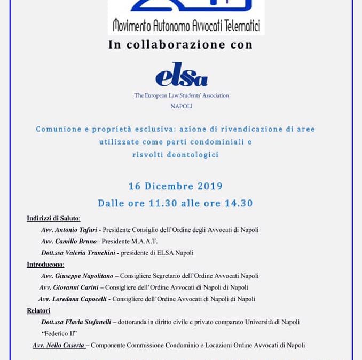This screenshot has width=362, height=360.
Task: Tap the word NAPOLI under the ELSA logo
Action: (182, 106)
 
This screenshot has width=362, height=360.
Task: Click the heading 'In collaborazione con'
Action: (180, 45)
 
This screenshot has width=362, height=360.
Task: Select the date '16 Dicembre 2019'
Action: (175, 187)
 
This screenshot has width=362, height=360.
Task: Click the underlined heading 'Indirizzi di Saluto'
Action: (53, 219)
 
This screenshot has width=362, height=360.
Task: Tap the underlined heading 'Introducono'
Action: (45, 265)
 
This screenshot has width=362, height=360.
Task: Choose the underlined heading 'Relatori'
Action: (38, 310)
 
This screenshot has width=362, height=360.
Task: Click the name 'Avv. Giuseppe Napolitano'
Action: (78, 276)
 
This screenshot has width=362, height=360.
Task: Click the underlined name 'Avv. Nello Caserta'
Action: (59, 345)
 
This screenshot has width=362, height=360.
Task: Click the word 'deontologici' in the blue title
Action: (190, 155)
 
